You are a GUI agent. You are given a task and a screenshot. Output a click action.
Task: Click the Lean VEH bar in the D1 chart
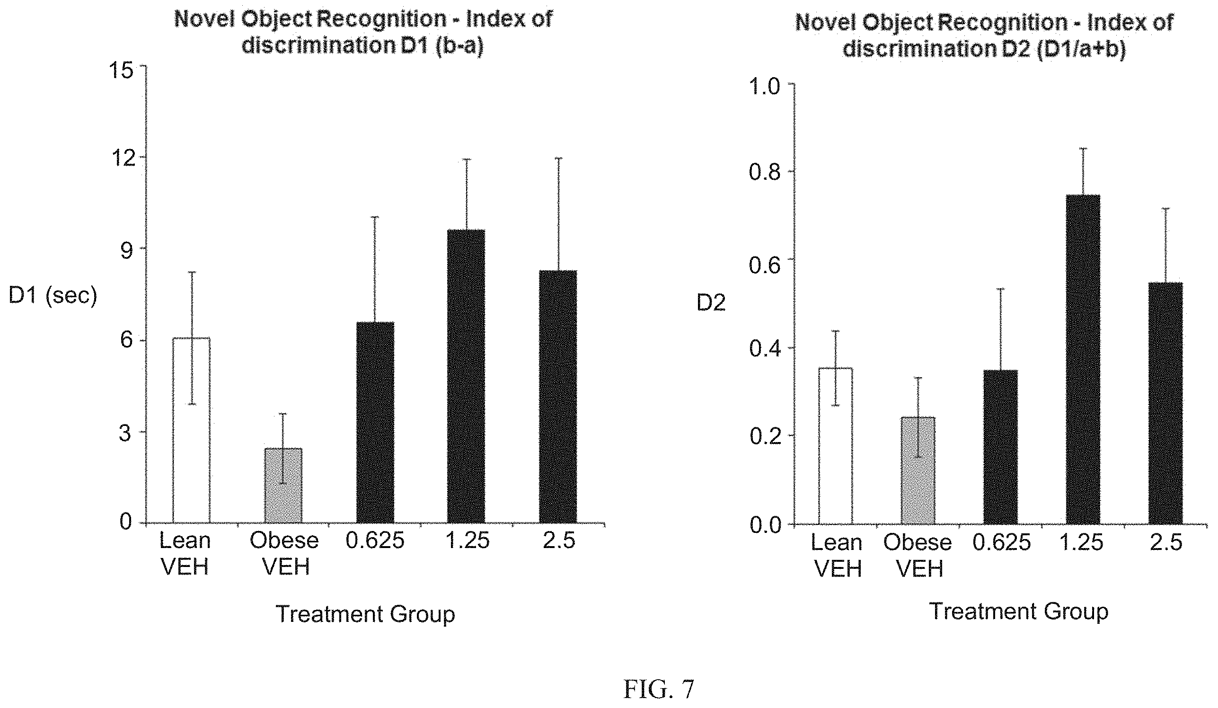(191, 430)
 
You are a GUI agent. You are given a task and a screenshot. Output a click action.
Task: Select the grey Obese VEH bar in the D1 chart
(283, 485)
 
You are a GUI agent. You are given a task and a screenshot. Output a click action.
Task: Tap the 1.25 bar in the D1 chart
(466, 376)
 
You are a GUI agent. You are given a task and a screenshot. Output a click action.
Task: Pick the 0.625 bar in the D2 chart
(1000, 447)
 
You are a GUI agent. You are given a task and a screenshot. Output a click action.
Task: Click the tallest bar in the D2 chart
(1083, 360)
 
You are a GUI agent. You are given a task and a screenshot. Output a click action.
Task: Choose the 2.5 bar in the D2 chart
(1165, 403)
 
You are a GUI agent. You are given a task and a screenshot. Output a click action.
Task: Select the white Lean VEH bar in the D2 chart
(835, 446)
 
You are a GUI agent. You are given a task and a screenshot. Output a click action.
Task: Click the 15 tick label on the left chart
(121, 71)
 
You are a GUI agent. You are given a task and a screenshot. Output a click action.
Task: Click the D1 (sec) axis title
(53, 296)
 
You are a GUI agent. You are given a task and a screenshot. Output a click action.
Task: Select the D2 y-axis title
(711, 303)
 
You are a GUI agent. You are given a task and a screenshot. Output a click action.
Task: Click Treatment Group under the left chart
(365, 615)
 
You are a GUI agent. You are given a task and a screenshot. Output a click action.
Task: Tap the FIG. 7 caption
(659, 689)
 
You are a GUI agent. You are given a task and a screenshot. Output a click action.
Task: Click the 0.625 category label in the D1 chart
(375, 540)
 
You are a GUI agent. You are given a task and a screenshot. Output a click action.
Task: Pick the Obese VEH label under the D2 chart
(918, 556)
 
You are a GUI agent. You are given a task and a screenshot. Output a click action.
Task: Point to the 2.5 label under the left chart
(559, 540)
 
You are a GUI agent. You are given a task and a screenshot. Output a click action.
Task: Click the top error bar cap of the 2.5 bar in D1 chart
(558, 158)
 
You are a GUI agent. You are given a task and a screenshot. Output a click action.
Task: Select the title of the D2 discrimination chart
(985, 36)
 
